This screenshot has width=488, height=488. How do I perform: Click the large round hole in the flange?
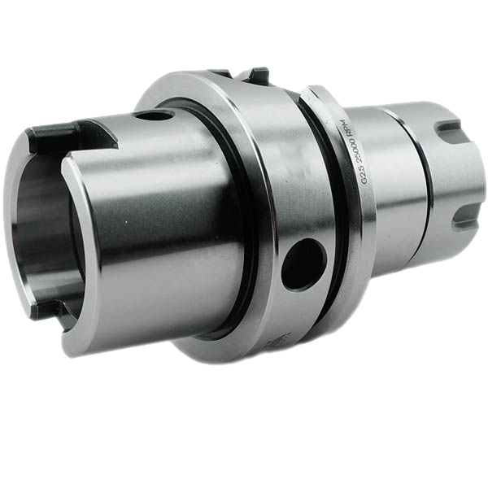[x=303, y=261]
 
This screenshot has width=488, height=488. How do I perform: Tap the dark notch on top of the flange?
[x=259, y=76]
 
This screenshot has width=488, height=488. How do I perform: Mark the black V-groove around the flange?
[x=325, y=203]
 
